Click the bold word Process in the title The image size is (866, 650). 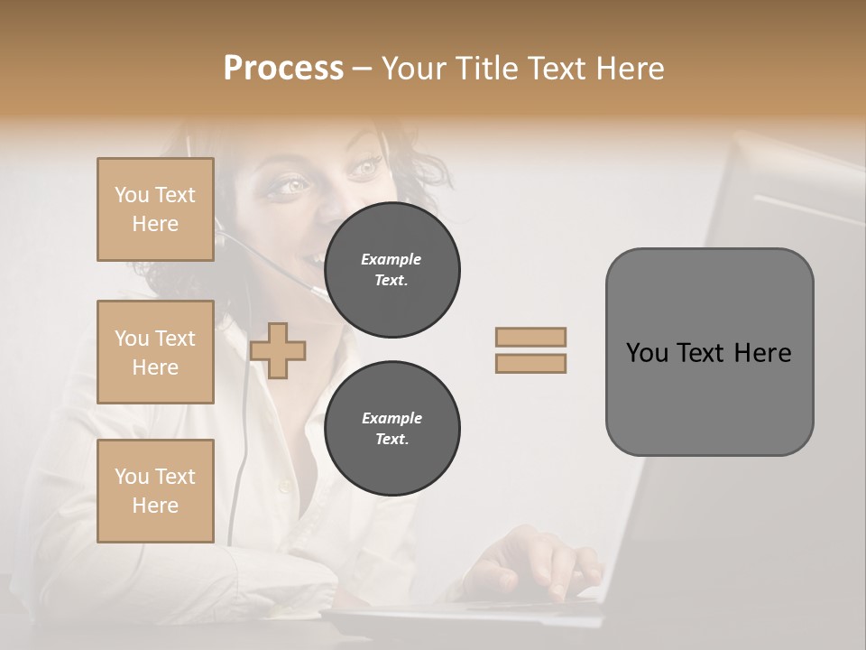click(283, 69)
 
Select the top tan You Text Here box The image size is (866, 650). click(155, 209)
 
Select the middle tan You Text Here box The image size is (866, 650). click(155, 352)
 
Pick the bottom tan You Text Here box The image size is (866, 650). click(155, 491)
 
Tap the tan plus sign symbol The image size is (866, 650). click(278, 350)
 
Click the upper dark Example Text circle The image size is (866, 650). click(392, 270)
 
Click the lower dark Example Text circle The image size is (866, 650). click(392, 429)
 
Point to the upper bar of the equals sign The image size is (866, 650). click(531, 337)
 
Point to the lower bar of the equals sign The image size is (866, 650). click(531, 364)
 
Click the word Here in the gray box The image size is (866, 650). click(762, 353)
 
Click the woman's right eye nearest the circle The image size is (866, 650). click(365, 167)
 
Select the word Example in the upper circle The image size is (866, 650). click(392, 259)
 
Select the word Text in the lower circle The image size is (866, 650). click(392, 440)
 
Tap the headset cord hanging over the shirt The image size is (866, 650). click(240, 451)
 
